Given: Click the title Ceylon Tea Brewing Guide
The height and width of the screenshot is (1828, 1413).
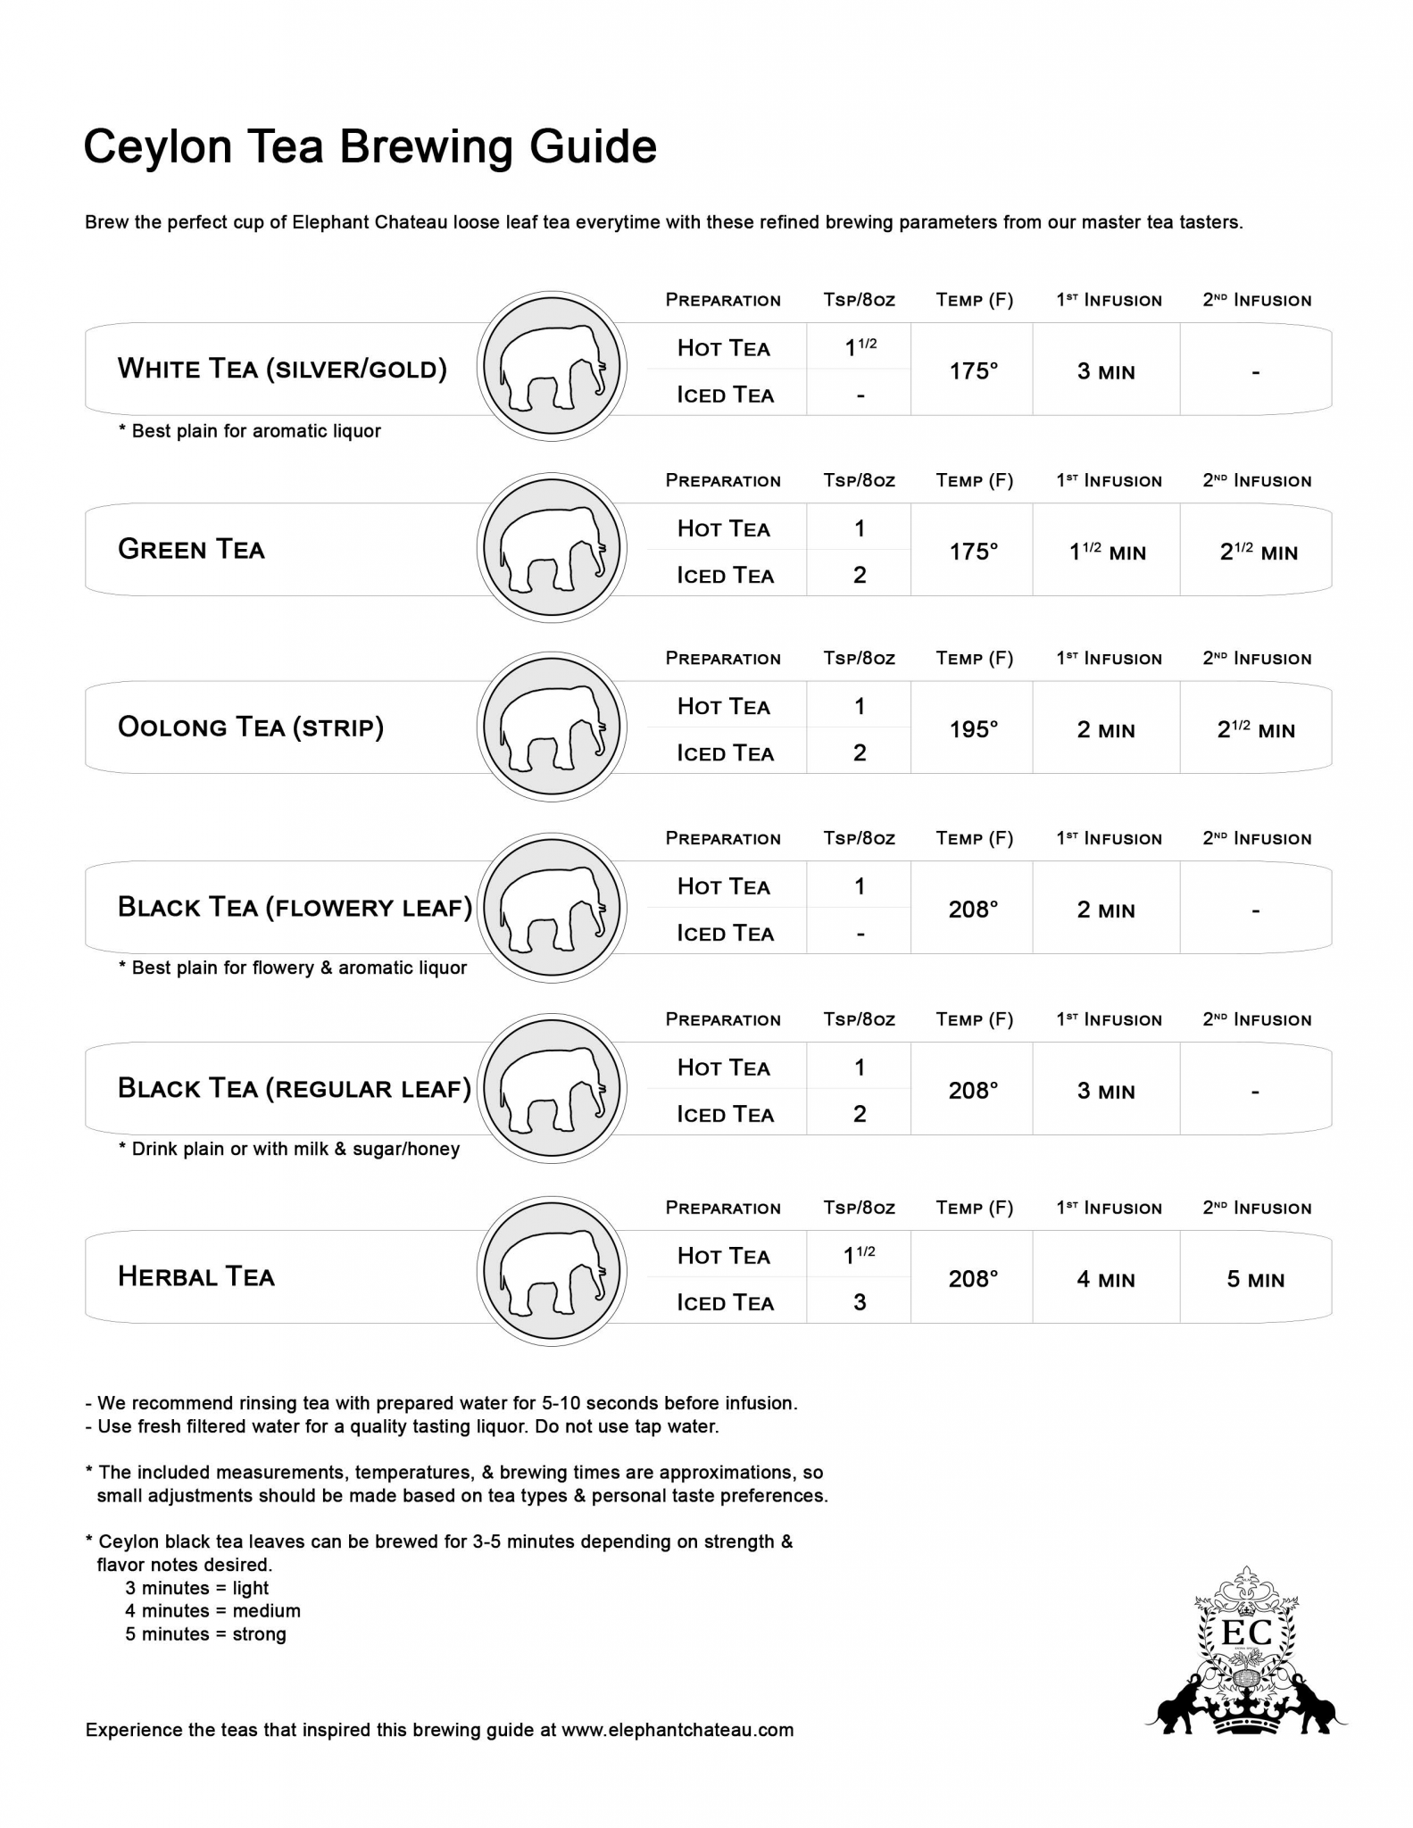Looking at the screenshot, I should tap(370, 147).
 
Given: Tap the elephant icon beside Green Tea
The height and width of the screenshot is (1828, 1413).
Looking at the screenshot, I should tap(552, 548).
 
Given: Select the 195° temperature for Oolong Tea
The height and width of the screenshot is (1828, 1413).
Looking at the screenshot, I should tap(973, 729).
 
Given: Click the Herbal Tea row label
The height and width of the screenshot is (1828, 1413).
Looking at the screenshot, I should tap(196, 1276).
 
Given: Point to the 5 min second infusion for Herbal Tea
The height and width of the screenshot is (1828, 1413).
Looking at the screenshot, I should tap(1255, 1279).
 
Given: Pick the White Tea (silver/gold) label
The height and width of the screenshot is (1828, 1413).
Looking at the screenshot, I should tap(282, 369).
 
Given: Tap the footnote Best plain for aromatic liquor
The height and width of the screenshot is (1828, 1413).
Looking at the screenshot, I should tap(250, 431).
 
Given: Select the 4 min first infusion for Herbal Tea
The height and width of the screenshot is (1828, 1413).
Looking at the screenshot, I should tap(1106, 1279).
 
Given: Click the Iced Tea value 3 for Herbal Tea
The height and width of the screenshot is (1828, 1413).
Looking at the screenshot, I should tap(860, 1302).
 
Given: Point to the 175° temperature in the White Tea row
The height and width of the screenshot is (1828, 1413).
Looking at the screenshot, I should tap(973, 371).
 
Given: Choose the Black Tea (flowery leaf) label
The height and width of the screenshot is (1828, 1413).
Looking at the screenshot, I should tap(295, 908).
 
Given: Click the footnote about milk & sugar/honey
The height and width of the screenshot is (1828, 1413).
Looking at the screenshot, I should tap(289, 1149).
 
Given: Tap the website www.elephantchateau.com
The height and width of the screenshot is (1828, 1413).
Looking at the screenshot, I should tap(677, 1730).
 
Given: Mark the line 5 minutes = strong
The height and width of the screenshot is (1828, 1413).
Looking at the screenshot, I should tap(205, 1634).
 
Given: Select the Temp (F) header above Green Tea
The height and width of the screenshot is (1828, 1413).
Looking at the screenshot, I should tap(974, 480).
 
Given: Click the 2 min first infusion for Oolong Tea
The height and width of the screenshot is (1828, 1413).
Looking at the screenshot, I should tap(1106, 730).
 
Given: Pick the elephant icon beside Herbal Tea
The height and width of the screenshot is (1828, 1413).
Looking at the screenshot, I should tap(552, 1271).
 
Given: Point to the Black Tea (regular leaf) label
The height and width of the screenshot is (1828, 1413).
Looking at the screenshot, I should tap(295, 1089).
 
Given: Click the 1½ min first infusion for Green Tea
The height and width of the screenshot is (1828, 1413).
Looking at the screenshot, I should tap(1107, 553).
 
